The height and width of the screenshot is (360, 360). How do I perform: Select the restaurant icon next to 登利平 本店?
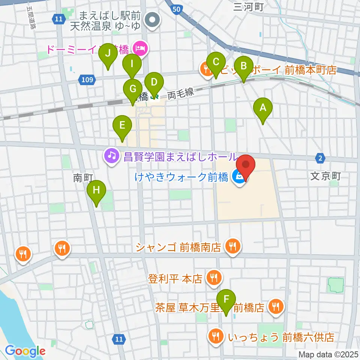click(x=214, y=278)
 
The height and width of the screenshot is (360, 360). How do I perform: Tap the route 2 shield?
click(x=319, y=158)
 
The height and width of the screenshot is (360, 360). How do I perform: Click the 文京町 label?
click(x=325, y=176)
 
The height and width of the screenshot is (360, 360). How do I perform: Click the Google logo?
click(x=25, y=351)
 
